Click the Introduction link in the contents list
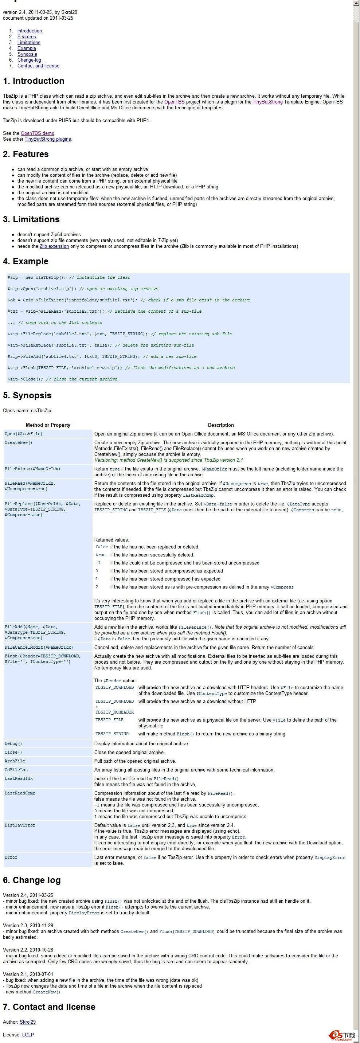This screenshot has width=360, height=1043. point(30,31)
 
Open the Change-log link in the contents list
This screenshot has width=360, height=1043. point(29,60)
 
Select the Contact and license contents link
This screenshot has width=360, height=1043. point(38,66)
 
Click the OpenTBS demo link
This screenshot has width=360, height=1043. point(37,133)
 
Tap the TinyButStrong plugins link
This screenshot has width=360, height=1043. point(48,139)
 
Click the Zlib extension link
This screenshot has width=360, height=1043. point(54,246)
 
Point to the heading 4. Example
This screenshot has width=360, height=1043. point(26,261)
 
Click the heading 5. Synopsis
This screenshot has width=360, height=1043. point(27,395)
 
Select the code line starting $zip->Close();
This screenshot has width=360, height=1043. point(62,379)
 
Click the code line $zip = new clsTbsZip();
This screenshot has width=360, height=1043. point(69,277)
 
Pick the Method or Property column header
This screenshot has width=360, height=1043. point(48,425)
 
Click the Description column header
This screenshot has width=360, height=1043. point(221,425)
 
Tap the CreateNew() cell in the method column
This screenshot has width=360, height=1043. point(18,442)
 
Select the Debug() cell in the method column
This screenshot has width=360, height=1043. point(13,743)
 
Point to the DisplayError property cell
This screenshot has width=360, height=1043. point(20,825)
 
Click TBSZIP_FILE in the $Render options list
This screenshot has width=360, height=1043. point(109,720)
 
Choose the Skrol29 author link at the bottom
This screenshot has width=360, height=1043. point(28,1022)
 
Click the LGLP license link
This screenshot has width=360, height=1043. point(28,1035)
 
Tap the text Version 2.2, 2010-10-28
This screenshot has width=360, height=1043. point(28,949)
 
